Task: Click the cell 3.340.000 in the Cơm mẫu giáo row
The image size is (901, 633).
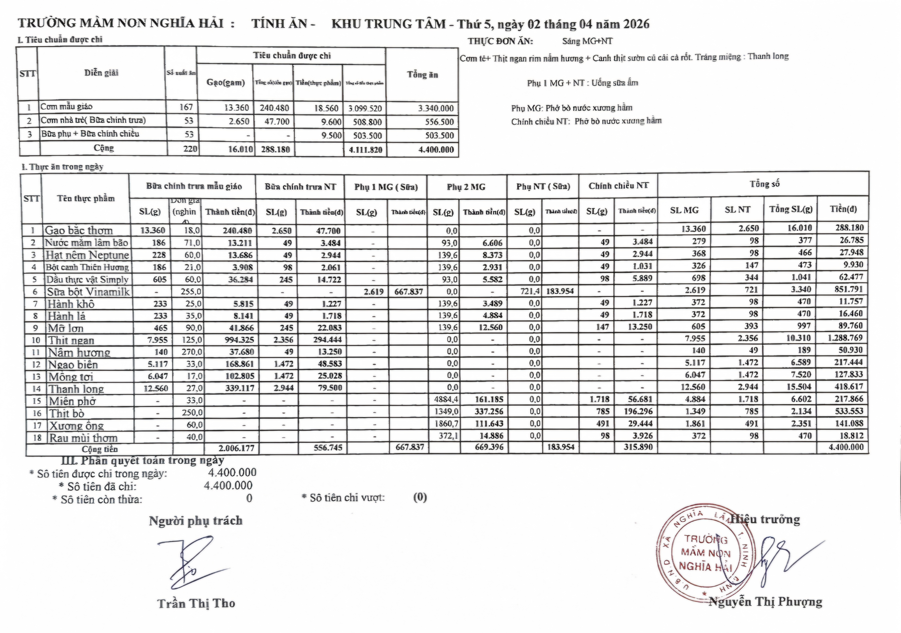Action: tap(435, 108)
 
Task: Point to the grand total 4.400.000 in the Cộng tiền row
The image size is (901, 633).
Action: tap(846, 447)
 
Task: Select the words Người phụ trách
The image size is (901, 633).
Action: tap(195, 521)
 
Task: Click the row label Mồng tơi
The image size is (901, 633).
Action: tap(71, 377)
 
